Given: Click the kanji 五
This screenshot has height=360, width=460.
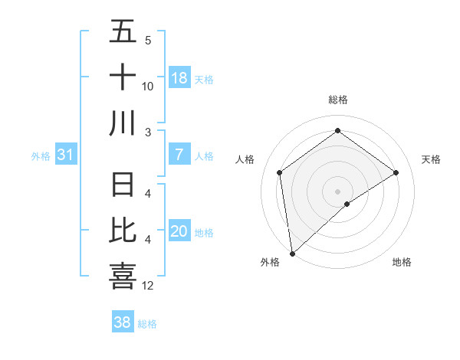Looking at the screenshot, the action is pos(123,32).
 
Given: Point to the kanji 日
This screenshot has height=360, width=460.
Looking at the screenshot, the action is pos(123,185).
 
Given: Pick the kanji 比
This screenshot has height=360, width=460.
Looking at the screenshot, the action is pos(123,231).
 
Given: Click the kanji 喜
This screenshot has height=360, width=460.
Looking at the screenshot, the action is pos(123,276).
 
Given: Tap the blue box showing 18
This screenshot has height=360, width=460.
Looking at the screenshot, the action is pos(179,78).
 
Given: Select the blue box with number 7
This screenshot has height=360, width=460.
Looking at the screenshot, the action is pos(179,155).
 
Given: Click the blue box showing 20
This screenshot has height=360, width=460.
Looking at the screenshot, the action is pos(179,232).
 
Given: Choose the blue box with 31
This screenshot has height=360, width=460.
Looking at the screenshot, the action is pos(65,155).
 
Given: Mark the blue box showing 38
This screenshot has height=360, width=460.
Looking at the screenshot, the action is pos(123,322).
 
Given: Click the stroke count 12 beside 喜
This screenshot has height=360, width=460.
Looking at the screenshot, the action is pos(148,286).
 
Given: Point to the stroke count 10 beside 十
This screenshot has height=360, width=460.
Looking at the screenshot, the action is pos(148,86).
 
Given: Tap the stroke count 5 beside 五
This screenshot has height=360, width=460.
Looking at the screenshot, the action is pos(148,41).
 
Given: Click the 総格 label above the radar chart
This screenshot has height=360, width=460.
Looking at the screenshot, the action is pos(337,100).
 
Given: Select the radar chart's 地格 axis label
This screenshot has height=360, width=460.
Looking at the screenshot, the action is pos(402,262).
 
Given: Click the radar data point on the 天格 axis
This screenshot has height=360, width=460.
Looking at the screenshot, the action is pos(396,172).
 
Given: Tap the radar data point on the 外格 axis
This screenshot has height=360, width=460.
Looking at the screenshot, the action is pos(291,253).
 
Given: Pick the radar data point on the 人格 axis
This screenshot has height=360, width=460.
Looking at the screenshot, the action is pos(279,172).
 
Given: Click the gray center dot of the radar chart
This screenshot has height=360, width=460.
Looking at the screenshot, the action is pos(337,190).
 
